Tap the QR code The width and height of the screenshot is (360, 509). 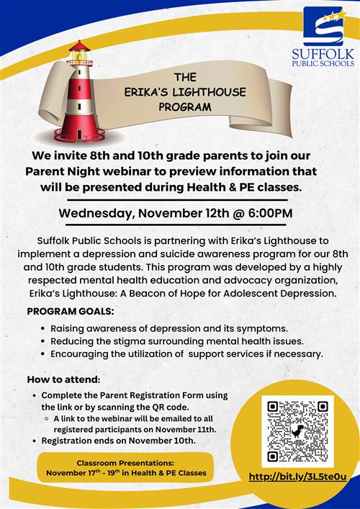click(x=297, y=431)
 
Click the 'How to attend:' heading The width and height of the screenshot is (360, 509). click(x=63, y=379)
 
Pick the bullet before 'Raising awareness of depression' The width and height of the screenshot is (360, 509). click(x=43, y=328)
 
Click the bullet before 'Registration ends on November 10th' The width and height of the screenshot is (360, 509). click(x=35, y=441)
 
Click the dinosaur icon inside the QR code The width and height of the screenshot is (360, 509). click(x=297, y=432)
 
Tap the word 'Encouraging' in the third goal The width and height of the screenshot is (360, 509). click(x=80, y=353)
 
